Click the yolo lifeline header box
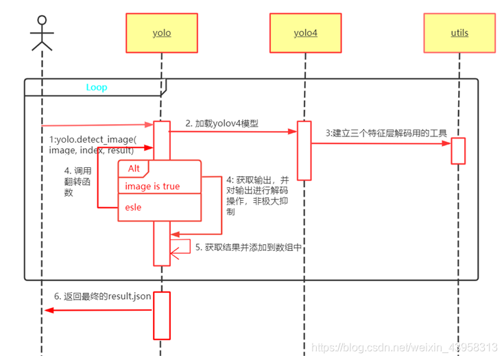click(x=162, y=32)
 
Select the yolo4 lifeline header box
click(x=305, y=32)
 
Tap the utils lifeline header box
click(x=459, y=32)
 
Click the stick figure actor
click(x=41, y=32)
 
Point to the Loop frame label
click(x=96, y=87)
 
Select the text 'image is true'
click(x=152, y=186)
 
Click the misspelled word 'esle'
click(x=133, y=206)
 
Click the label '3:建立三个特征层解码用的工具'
click(x=387, y=133)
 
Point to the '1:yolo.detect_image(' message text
click(x=92, y=139)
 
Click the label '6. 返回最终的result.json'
click(x=103, y=296)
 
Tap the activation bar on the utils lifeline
click(x=458, y=151)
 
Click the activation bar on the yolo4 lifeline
click(x=304, y=151)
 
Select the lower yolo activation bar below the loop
click(x=161, y=315)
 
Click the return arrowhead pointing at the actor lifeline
click(x=49, y=311)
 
